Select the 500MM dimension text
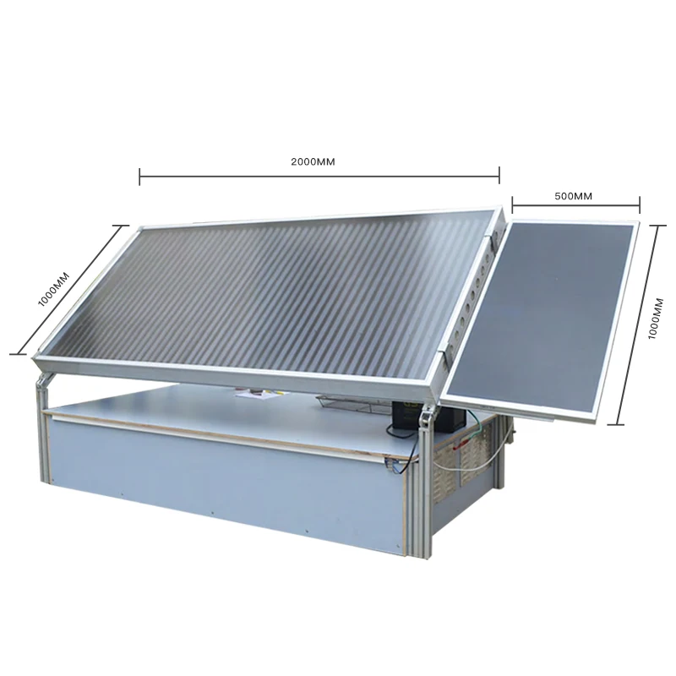[574, 196]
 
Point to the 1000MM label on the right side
[653, 319]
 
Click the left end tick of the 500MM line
[512, 203]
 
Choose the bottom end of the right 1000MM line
[619, 422]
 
